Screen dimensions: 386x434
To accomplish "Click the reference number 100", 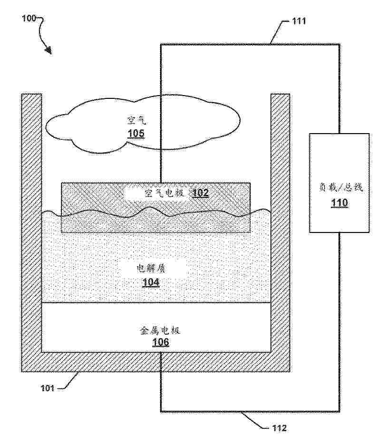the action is click(x=29, y=18).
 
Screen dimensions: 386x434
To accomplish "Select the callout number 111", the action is click(x=299, y=21).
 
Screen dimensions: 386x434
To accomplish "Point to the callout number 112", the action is click(x=280, y=428).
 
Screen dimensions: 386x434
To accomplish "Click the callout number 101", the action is click(x=48, y=388).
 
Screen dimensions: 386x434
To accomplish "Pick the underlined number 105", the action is click(x=136, y=134).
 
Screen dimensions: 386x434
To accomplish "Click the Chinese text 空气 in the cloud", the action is click(x=136, y=121).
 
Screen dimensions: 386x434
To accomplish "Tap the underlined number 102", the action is click(x=200, y=193).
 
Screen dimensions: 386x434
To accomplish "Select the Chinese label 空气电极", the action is click(x=164, y=193).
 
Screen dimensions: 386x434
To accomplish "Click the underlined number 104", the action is click(x=151, y=282).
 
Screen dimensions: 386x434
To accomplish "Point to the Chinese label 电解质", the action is click(x=151, y=268).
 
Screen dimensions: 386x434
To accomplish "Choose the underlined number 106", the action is click(x=161, y=342).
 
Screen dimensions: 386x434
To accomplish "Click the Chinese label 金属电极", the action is click(x=160, y=330).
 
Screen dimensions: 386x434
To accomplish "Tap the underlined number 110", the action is click(x=339, y=203).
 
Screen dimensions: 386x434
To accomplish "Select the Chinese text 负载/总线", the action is click(x=340, y=187).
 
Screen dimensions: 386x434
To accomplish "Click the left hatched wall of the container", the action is click(x=31, y=232).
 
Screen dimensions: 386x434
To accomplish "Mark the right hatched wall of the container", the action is click(x=280, y=232).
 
